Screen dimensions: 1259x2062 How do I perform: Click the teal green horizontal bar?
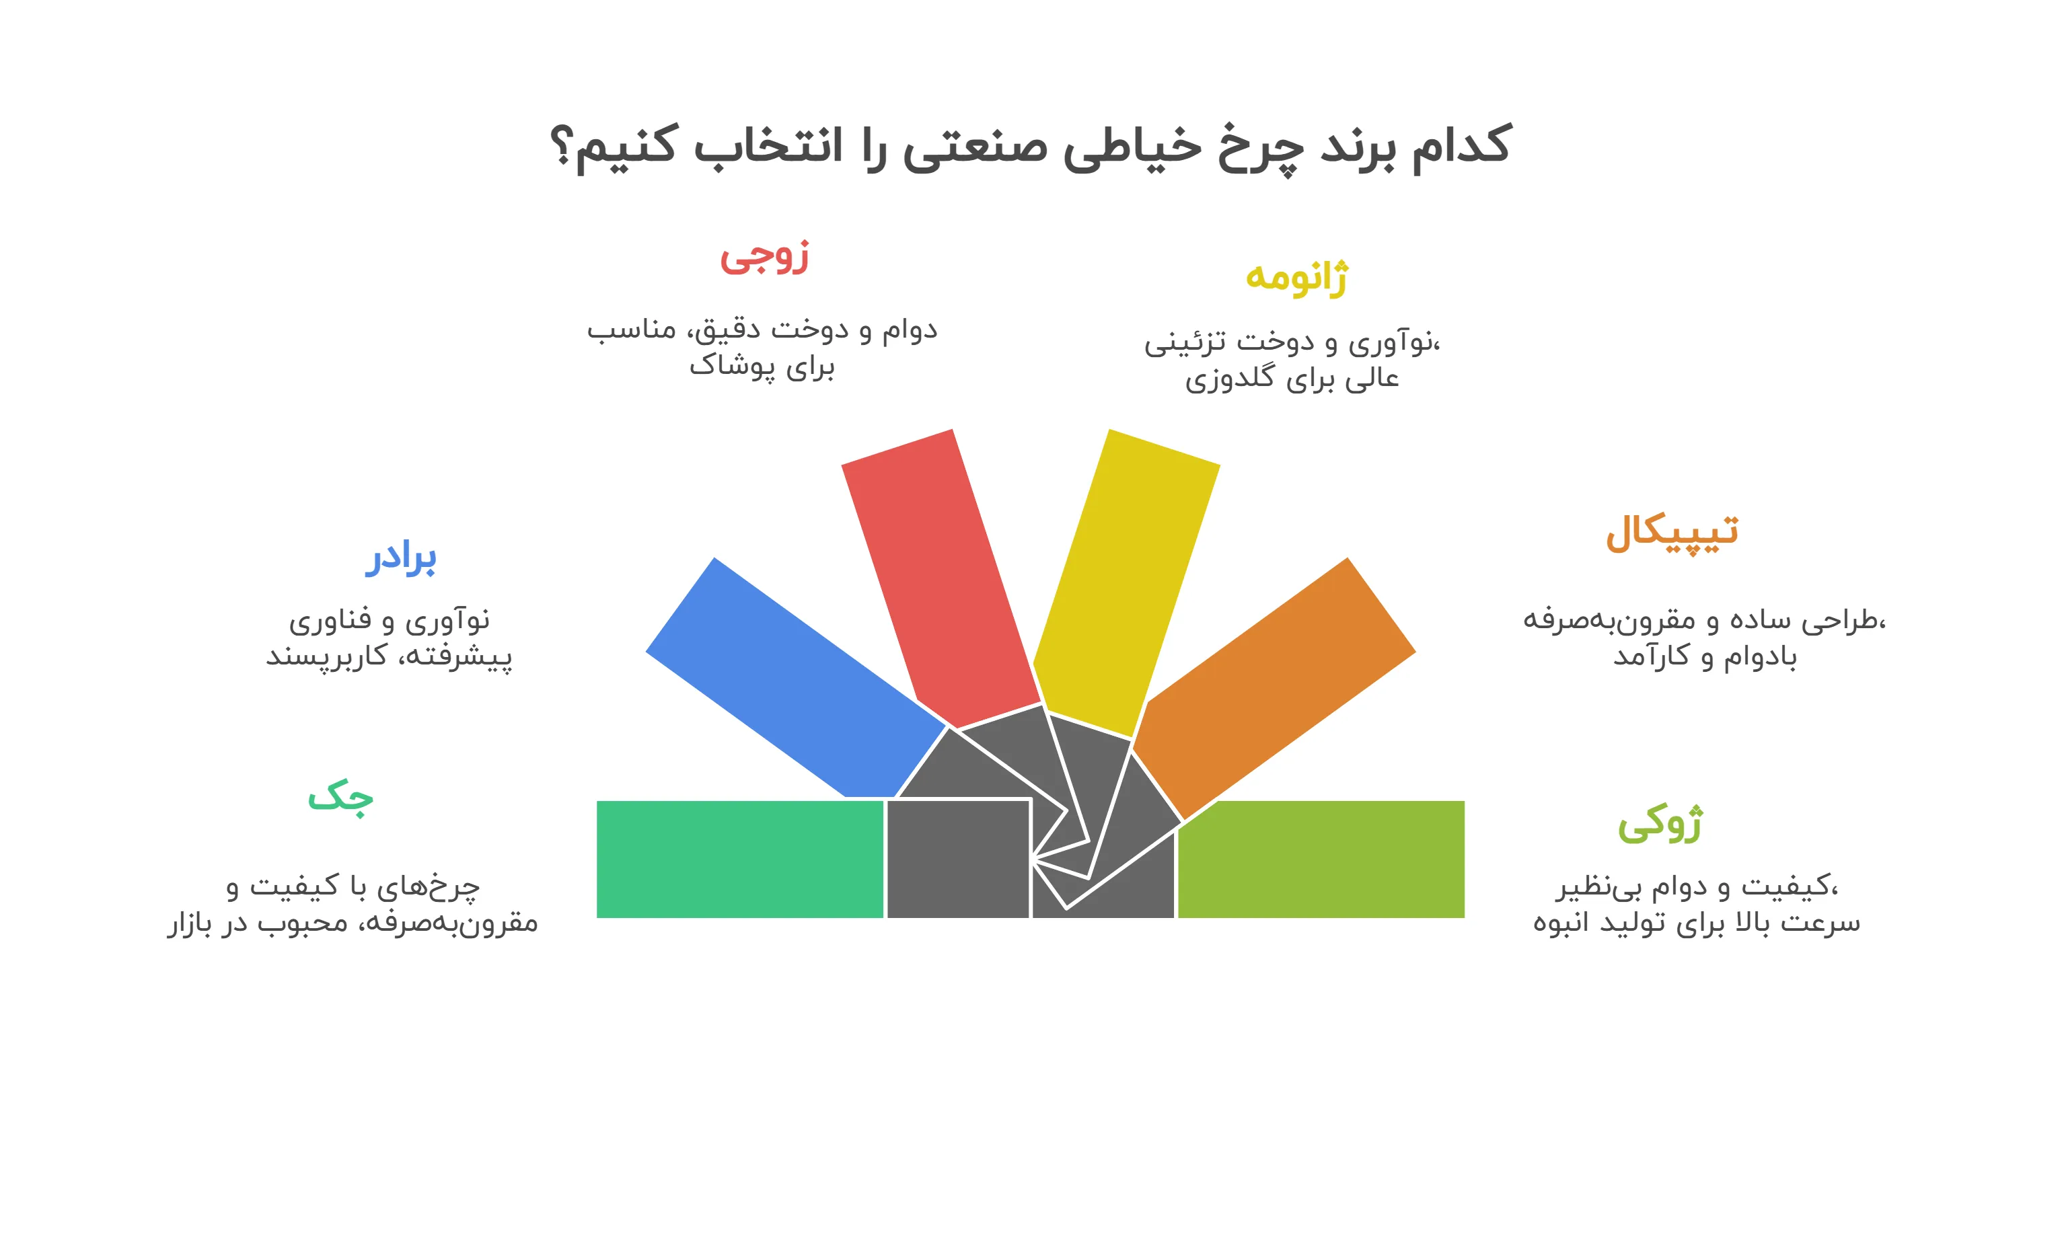coord(740,859)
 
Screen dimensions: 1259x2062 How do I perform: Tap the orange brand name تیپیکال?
coord(1671,532)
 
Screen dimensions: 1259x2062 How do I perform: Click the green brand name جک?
coord(340,796)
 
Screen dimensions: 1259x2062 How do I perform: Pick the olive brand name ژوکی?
coord(1660,823)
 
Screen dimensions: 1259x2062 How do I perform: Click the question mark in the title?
coord(562,147)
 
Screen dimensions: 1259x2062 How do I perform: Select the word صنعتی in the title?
coord(975,147)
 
